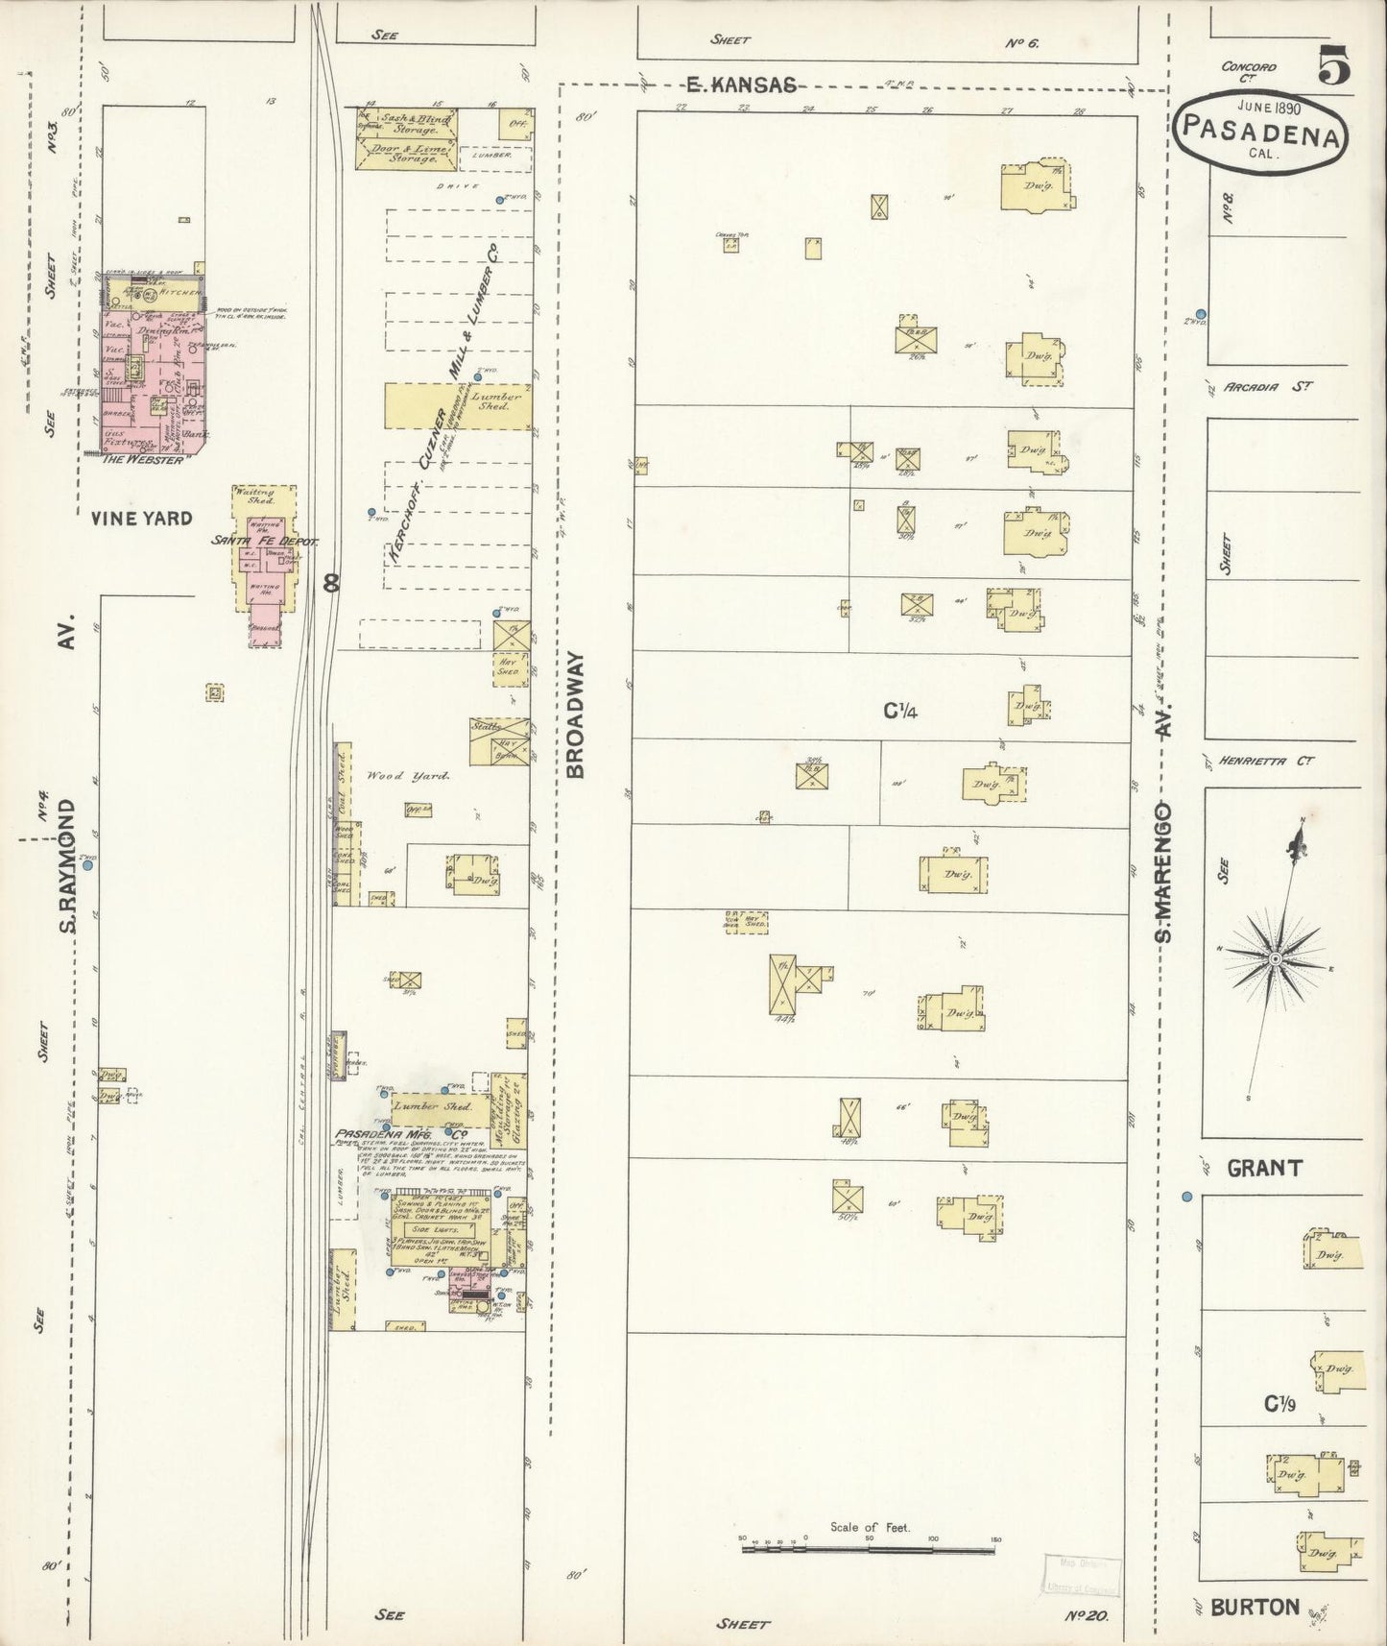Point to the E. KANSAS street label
[741, 85]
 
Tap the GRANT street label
[1264, 1169]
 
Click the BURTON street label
[1255, 1607]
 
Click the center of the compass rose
[1274, 959]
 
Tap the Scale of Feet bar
[869, 1549]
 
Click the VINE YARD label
[141, 519]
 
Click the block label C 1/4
[901, 712]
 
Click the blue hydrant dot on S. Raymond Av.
[87, 865]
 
